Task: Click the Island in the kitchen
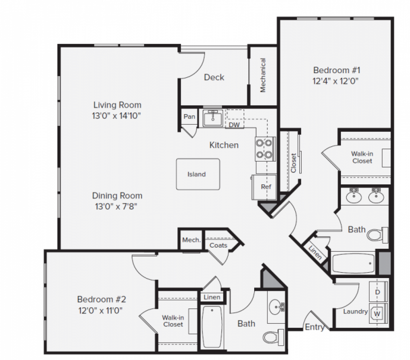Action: coord(198,174)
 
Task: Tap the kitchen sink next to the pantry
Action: coord(213,118)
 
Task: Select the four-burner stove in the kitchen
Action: coord(265,149)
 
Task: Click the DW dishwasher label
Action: coord(234,125)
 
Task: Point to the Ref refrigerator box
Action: coord(265,187)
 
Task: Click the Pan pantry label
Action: coord(189,116)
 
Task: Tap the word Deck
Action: coord(214,78)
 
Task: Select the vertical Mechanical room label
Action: coord(263,75)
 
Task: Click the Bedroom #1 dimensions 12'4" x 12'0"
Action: coord(337,81)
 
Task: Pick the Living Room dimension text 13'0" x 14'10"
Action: coord(117,116)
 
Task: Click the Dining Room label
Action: coord(117,196)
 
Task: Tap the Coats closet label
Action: coord(218,245)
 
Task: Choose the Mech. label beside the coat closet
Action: coord(191,240)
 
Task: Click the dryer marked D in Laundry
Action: coord(378,292)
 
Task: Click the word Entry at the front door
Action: coord(314,327)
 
